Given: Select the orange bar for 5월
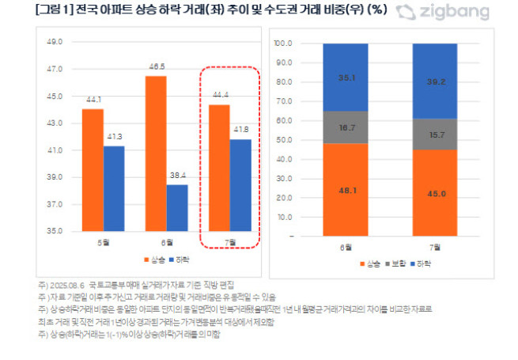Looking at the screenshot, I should (93, 170).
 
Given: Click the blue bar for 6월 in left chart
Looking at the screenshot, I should (177, 208).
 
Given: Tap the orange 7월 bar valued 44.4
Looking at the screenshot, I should (219, 168).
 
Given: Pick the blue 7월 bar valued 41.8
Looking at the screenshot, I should (240, 185).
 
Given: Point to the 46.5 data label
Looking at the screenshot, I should (156, 67).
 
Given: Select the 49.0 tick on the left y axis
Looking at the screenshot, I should (55, 42).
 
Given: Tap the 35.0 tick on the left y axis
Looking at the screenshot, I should (55, 232).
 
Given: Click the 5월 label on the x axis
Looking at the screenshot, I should (103, 243).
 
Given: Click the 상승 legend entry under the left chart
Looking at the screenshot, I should (149, 260).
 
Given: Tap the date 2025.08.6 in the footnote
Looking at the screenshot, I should (69, 283).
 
